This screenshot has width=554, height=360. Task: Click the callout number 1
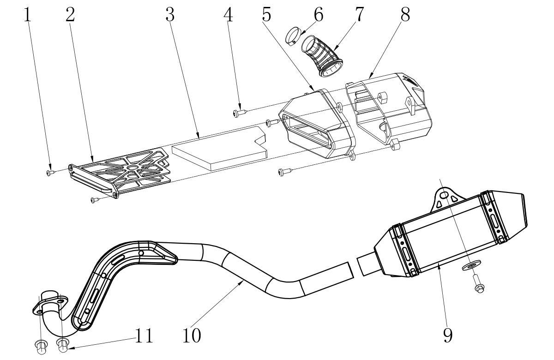27,15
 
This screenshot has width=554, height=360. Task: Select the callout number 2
70,15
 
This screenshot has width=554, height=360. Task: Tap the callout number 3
170,14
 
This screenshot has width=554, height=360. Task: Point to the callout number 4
228,14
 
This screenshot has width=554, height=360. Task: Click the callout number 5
267,14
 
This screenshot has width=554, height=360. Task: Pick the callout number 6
319,14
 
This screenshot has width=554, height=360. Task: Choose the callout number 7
359,14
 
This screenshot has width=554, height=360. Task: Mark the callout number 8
405,14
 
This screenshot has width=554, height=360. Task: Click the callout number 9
448,336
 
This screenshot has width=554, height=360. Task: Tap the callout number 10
192,336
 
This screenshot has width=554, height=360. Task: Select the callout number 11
144,336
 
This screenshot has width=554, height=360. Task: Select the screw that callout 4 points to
240,113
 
